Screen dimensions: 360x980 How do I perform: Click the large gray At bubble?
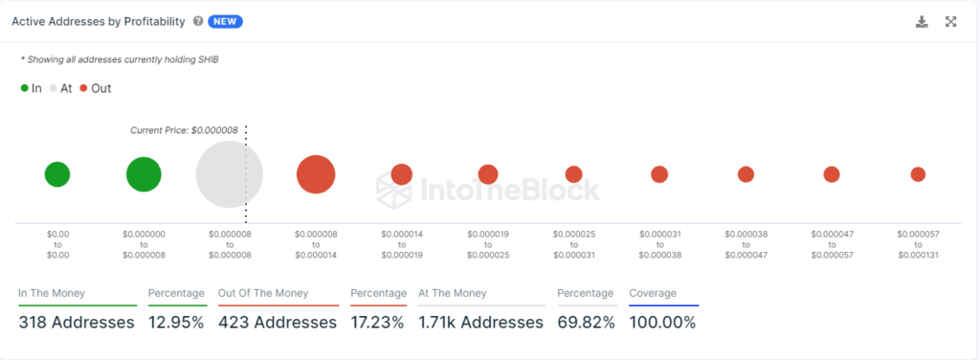click(x=229, y=174)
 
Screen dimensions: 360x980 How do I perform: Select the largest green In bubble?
click(x=144, y=174)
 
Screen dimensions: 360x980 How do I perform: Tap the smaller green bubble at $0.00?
click(x=57, y=174)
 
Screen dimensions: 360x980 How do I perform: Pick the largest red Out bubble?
click(x=316, y=174)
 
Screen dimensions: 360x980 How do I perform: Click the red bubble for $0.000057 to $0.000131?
click(x=918, y=174)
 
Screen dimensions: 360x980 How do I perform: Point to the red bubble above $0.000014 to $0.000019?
click(x=401, y=174)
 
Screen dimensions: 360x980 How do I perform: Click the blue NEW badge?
click(x=225, y=21)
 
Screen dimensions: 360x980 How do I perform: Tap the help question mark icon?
click(x=197, y=21)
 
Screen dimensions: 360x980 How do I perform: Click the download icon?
click(x=922, y=21)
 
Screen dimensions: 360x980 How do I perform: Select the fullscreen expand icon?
click(x=951, y=21)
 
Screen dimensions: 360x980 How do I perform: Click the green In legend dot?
click(x=25, y=88)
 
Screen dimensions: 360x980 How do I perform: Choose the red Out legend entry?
click(x=95, y=88)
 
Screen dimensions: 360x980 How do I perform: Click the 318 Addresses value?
click(x=77, y=322)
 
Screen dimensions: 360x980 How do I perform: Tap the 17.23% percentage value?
click(x=378, y=322)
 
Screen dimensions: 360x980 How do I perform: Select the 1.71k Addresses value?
click(x=480, y=322)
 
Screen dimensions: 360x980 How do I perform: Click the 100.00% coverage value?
click(x=662, y=322)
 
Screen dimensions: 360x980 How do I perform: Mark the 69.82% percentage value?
click(x=586, y=322)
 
